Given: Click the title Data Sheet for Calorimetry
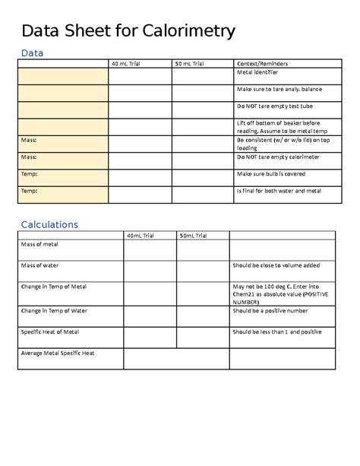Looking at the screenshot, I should pyautogui.click(x=128, y=31).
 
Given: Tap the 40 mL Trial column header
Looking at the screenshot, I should pyautogui.click(x=127, y=63).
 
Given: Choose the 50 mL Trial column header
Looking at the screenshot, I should pyautogui.click(x=189, y=63).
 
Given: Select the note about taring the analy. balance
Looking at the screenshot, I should pyautogui.click(x=279, y=90).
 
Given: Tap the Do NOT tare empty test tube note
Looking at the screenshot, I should pyautogui.click(x=274, y=107).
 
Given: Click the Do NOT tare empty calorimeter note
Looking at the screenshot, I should pyautogui.click(x=279, y=157).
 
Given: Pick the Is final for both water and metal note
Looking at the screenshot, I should pyautogui.click(x=279, y=191).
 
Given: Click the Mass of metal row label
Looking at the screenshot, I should pyautogui.click(x=40, y=245).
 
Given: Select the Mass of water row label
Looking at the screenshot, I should pyautogui.click(x=40, y=266).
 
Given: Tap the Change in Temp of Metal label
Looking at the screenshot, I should pyautogui.click(x=54, y=287).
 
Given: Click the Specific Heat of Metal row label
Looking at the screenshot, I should pyautogui.click(x=50, y=332).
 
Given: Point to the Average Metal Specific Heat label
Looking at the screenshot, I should pyautogui.click(x=58, y=353).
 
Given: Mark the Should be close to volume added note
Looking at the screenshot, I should pyautogui.click(x=276, y=266).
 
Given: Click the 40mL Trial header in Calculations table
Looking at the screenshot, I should pyautogui.click(x=141, y=236).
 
